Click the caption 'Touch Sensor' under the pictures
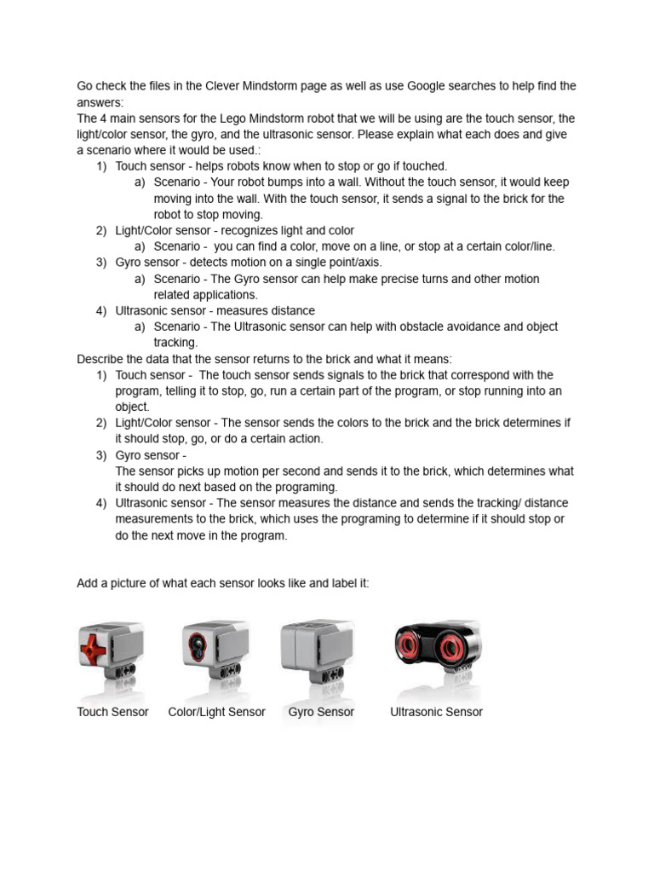pyautogui.click(x=112, y=712)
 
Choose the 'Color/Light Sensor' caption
pyautogui.click(x=216, y=712)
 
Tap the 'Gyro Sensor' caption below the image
pyautogui.click(x=321, y=712)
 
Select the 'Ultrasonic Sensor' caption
pyautogui.click(x=436, y=712)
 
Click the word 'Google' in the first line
pyautogui.click(x=429, y=86)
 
